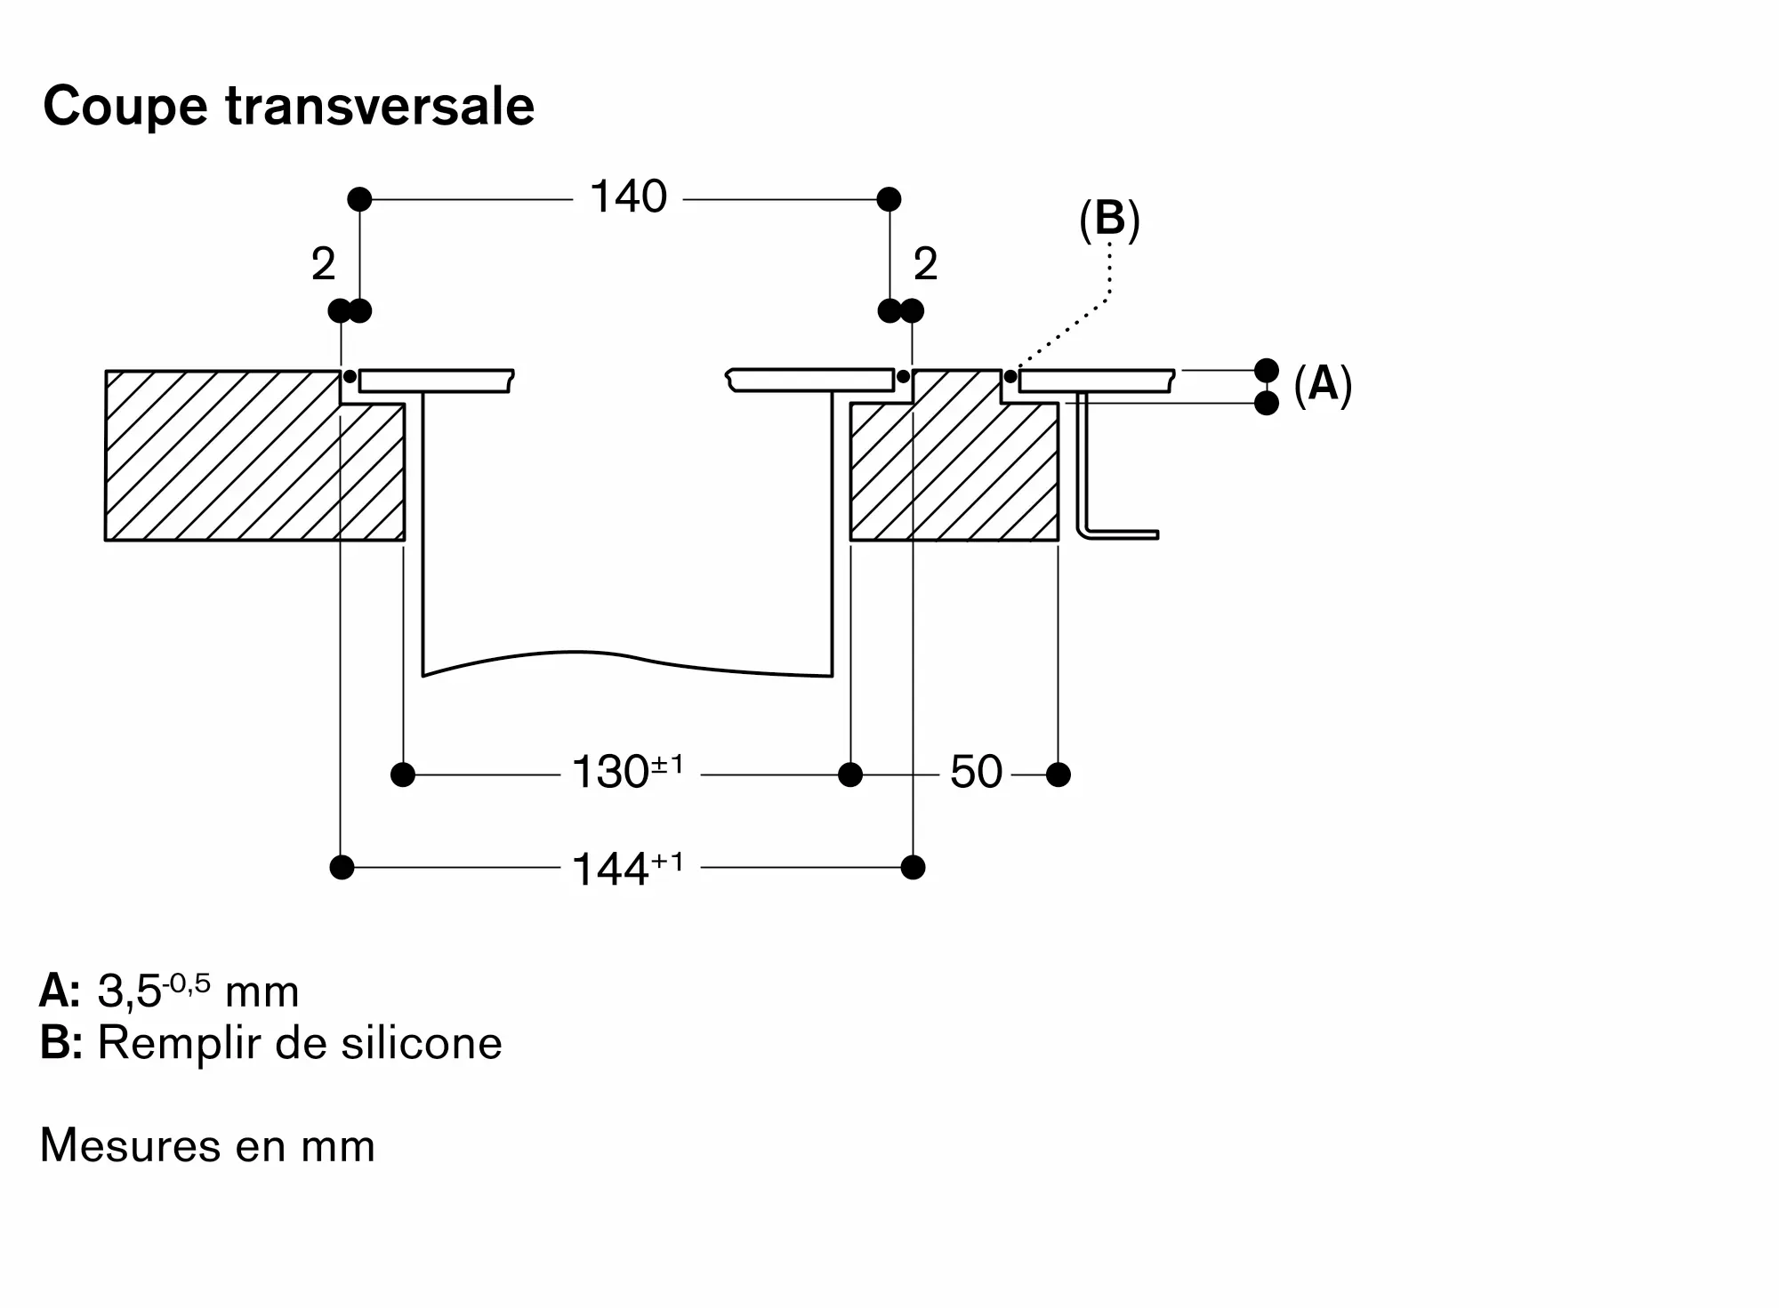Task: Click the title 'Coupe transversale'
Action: [289, 107]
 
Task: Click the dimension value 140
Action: [628, 197]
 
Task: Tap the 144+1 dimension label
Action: [628, 868]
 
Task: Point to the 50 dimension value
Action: [976, 772]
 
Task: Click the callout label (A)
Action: [1323, 384]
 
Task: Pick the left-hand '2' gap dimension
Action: [323, 264]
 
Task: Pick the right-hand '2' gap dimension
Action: [926, 264]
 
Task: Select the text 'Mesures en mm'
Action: [207, 1145]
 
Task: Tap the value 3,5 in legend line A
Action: [129, 992]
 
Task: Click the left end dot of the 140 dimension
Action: [359, 199]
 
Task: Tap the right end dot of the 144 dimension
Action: [913, 867]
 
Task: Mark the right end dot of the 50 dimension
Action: [1059, 774]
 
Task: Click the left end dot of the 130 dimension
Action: [403, 774]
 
